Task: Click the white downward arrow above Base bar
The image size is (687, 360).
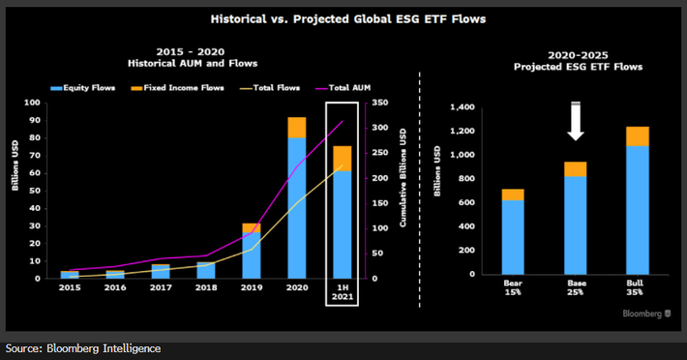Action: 576,122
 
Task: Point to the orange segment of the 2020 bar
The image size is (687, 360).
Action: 296,127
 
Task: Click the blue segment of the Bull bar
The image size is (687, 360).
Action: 638,209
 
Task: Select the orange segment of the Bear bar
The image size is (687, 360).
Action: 513,195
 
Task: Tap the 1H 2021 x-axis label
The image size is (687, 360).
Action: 342,292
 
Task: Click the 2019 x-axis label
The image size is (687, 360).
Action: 251,287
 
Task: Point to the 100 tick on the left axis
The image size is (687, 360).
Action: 33,103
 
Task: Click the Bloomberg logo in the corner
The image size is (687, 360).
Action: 642,314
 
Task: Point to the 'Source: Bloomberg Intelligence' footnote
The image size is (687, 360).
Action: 83,348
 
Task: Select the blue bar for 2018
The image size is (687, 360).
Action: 205,270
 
